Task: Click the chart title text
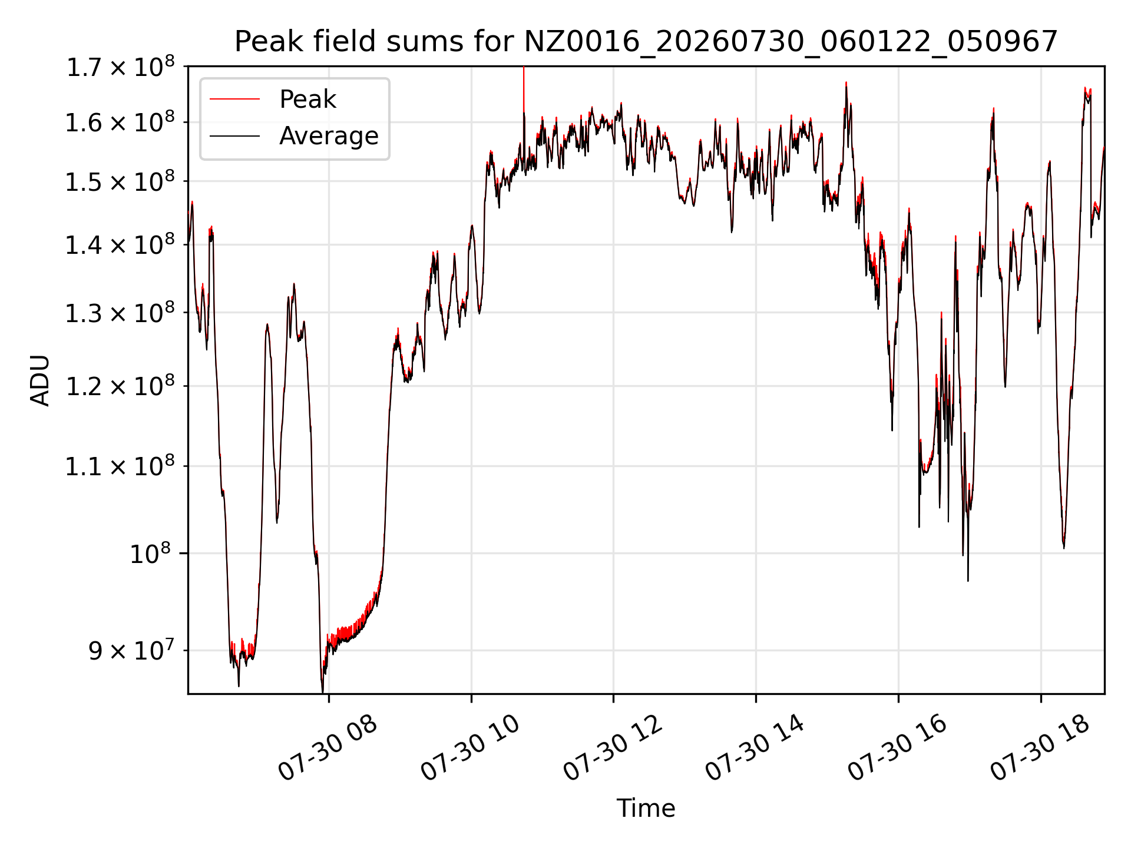click(x=646, y=42)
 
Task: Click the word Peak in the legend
click(x=307, y=100)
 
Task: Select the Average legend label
click(x=329, y=136)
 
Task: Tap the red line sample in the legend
click(x=234, y=100)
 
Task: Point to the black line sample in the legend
click(x=234, y=136)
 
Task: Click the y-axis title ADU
click(x=40, y=380)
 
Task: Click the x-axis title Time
click(x=646, y=808)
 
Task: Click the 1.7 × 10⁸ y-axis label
click(x=120, y=67)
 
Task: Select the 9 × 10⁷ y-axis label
click(x=132, y=651)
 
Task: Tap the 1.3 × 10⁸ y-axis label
click(x=120, y=313)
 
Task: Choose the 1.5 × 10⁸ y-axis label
click(x=120, y=181)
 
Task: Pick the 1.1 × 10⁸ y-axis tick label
click(x=120, y=466)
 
